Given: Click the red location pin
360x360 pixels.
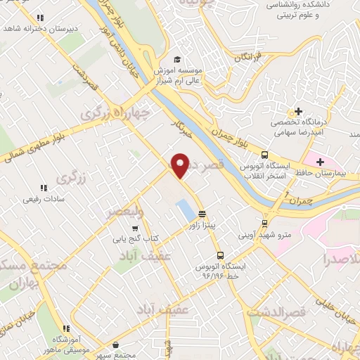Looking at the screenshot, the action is (181, 165).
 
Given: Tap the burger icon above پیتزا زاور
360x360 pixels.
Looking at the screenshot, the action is (202, 214).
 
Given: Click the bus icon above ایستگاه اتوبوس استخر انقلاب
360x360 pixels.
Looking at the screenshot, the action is (264, 155).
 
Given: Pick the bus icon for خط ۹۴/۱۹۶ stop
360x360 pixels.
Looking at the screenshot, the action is (221, 255).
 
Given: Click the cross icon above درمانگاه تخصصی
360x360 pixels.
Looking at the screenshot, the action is (299, 112).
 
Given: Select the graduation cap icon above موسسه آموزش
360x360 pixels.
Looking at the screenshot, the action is (178, 60).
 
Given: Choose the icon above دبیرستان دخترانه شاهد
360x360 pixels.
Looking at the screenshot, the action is (40, 18).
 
